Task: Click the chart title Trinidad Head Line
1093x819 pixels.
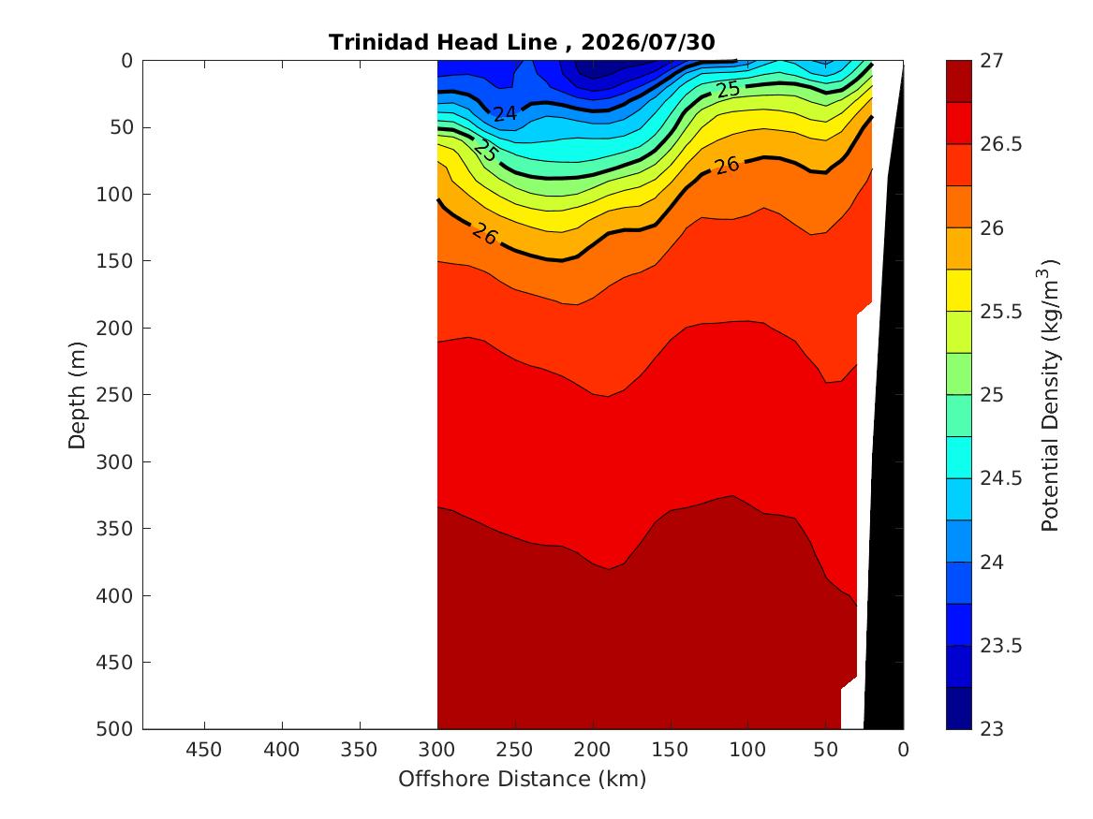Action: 443,42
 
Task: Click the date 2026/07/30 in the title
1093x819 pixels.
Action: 647,42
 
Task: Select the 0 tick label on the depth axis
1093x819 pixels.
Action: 126,61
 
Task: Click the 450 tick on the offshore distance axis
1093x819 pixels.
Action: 204,750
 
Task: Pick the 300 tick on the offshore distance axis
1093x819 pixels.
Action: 437,750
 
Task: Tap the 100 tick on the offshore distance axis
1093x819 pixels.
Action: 748,750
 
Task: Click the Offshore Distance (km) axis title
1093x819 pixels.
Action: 523,779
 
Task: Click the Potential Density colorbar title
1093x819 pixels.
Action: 1050,395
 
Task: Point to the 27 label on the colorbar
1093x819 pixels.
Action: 992,61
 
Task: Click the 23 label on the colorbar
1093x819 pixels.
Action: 992,729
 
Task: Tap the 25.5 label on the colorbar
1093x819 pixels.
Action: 1001,312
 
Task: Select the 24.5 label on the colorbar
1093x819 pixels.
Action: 1001,478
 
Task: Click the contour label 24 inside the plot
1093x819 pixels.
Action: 505,113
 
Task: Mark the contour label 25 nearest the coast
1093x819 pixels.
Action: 729,89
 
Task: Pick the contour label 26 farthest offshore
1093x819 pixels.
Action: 484,234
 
